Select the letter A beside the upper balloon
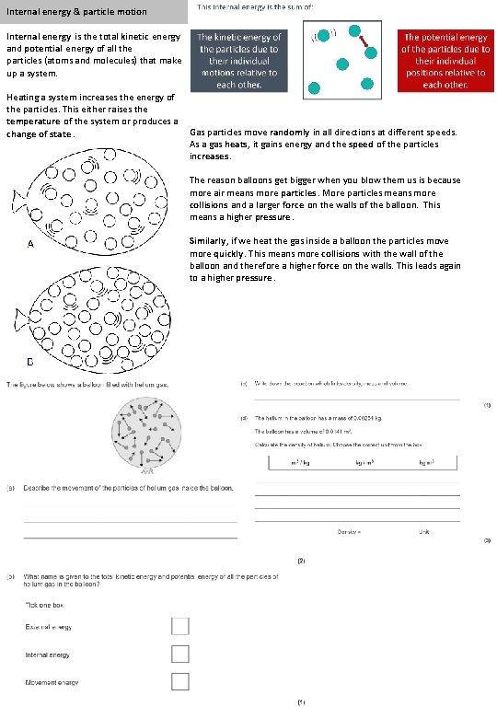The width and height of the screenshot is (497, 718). (31, 245)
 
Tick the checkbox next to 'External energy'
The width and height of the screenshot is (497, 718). (180, 626)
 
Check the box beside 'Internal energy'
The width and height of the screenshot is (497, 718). (180, 654)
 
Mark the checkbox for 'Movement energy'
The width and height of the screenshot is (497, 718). (180, 681)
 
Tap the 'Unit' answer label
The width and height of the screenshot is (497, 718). (424, 531)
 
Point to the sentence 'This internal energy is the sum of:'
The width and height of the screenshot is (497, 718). (248, 7)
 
